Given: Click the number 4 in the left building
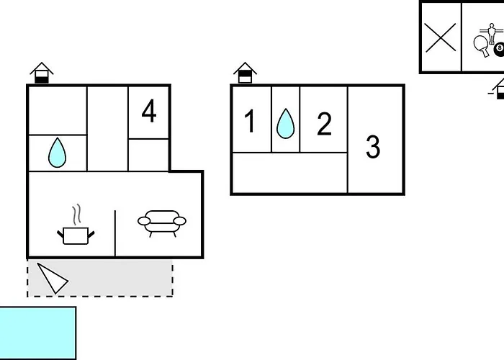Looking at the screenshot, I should (149, 112).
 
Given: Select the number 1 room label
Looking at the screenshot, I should (250, 122).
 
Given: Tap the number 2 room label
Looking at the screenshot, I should (325, 124).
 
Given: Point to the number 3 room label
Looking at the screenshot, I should (373, 147).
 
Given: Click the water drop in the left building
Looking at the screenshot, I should (57, 152).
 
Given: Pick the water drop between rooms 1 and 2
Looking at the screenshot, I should (286, 123).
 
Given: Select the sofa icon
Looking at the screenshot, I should (161, 222).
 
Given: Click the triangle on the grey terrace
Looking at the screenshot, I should (52, 278).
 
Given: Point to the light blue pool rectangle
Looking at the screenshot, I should (37, 332).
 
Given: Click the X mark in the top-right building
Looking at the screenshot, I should (441, 37).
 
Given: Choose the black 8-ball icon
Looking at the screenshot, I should (499, 48).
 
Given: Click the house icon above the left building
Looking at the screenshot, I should (42, 73).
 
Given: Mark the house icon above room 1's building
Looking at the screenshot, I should (246, 73).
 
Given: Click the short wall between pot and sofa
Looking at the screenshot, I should (115, 233).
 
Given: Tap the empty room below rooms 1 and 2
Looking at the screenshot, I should (289, 173).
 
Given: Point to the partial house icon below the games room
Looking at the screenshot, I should (498, 91).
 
